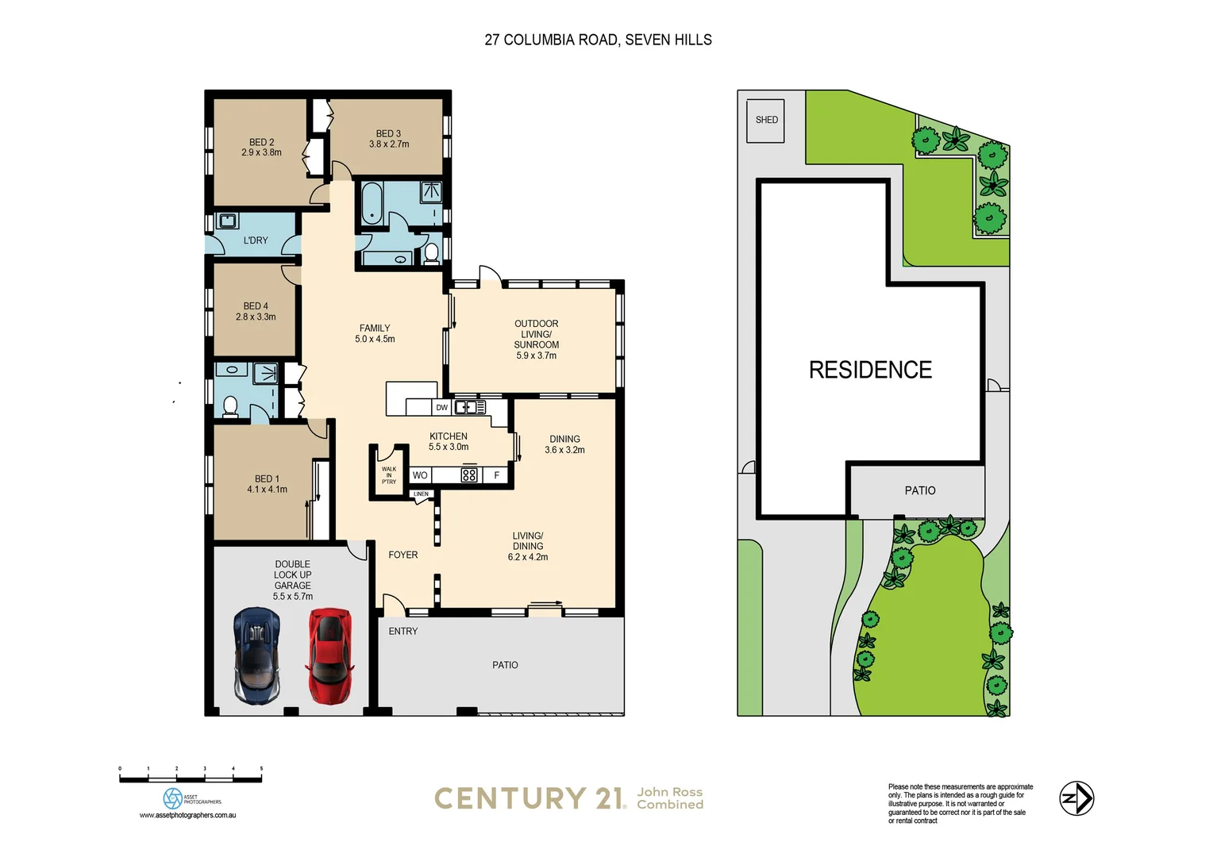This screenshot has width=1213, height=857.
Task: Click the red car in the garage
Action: [329, 655]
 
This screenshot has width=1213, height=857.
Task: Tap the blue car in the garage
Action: [256, 655]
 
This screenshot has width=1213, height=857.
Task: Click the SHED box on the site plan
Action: [766, 121]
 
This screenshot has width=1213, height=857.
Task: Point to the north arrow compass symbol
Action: [1076, 798]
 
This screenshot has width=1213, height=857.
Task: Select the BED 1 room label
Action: [267, 479]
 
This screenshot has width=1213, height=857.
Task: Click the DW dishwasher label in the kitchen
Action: [442, 408]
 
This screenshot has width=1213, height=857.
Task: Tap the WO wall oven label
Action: [420, 475]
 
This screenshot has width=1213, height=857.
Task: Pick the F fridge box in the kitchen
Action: [497, 475]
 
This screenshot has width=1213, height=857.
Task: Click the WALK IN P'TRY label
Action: [389, 475]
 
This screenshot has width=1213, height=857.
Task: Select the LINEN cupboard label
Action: [421, 494]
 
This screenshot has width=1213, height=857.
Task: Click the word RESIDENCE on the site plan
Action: [870, 370]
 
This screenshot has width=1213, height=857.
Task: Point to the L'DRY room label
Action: [256, 240]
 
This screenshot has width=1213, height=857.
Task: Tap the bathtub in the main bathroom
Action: [372, 204]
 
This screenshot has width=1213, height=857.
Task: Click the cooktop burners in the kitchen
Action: [469, 475]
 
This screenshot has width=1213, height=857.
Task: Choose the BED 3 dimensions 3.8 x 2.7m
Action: [389, 144]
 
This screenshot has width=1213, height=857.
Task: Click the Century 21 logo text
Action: [529, 798]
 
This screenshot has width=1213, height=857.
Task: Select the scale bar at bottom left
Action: [191, 779]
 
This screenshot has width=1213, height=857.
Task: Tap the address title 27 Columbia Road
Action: [598, 40]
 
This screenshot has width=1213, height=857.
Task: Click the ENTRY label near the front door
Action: [402, 632]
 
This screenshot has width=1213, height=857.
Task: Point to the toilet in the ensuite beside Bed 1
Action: [230, 406]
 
